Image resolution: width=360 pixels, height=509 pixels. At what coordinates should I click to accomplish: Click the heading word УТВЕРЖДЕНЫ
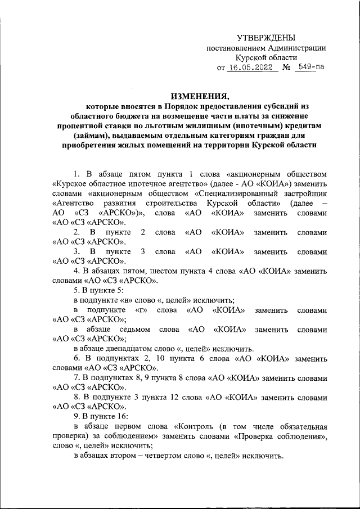coord(265,38)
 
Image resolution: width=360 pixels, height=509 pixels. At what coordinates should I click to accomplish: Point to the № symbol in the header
coord(286,68)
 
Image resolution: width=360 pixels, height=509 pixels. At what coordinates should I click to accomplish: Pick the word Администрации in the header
coord(294,48)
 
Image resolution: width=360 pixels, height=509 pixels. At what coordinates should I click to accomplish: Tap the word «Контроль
coord(199,426)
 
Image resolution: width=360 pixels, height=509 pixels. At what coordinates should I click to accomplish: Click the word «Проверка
coord(250,436)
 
